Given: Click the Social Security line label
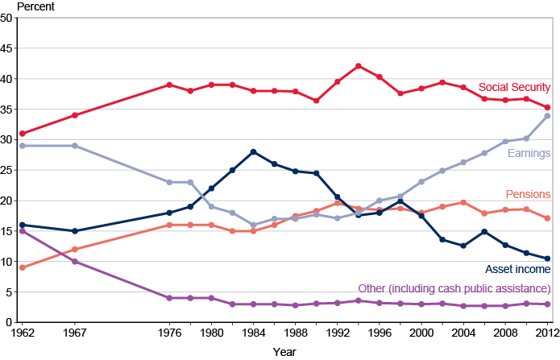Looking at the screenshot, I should point(514,87).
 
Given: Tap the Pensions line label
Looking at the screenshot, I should point(528,194).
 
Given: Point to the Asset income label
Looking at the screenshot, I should point(517,269).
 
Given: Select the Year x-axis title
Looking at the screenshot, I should point(283,352).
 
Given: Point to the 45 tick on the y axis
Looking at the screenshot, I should point(10,48).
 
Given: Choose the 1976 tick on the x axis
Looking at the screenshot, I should point(169,332).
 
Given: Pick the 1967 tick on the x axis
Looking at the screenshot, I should point(74,332).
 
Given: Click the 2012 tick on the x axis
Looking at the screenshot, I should point(547,332).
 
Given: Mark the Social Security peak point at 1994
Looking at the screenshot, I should point(358,66).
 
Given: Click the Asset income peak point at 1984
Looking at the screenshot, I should point(253,151).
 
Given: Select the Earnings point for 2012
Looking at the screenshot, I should point(547,116).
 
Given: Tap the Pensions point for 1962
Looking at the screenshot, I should point(23,267).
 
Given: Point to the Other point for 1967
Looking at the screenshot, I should point(74,261).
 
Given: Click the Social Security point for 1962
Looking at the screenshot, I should point(23,134).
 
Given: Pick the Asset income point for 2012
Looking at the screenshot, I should point(547,259).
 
